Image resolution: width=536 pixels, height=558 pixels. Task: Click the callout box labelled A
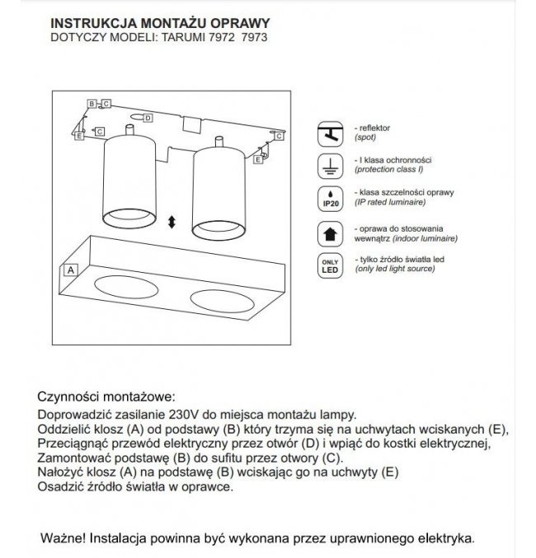(x=71, y=270)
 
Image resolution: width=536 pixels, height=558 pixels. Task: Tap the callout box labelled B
(x=96, y=104)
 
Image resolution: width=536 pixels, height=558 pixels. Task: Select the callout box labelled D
(x=146, y=117)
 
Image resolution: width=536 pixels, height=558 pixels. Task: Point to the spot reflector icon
(x=330, y=134)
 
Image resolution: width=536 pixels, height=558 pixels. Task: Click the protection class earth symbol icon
(x=330, y=166)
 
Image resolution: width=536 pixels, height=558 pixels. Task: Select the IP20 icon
(x=330, y=198)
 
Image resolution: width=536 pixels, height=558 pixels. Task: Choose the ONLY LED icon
(x=330, y=265)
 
